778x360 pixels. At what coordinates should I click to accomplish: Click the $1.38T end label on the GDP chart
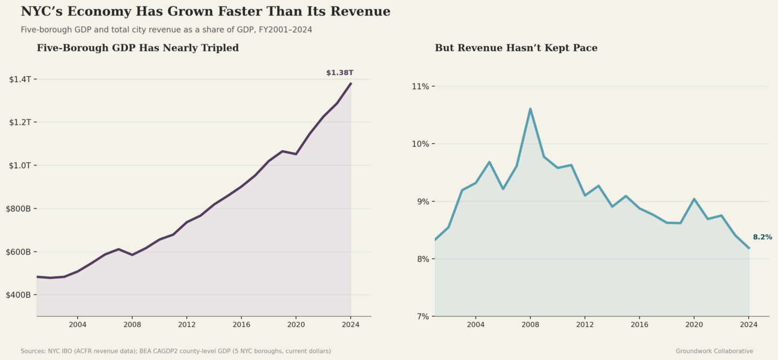(339, 73)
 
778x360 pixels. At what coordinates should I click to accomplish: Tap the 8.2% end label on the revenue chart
(762, 237)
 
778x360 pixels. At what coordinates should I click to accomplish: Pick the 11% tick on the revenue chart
(420, 86)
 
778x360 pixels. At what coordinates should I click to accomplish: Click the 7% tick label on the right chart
(422, 316)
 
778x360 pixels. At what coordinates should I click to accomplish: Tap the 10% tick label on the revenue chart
(420, 144)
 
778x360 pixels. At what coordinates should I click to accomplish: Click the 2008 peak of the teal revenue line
(530, 109)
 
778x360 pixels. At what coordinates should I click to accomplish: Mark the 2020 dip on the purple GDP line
(296, 154)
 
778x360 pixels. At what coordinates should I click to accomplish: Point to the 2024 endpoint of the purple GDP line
(351, 83)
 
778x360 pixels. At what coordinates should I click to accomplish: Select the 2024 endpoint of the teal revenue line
(749, 248)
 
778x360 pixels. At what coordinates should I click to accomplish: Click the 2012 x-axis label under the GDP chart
(186, 325)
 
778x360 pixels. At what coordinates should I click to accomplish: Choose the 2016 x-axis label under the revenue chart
(639, 325)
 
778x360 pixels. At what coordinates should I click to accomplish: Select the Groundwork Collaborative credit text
(714, 351)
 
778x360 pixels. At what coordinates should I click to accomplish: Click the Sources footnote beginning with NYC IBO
(176, 351)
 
